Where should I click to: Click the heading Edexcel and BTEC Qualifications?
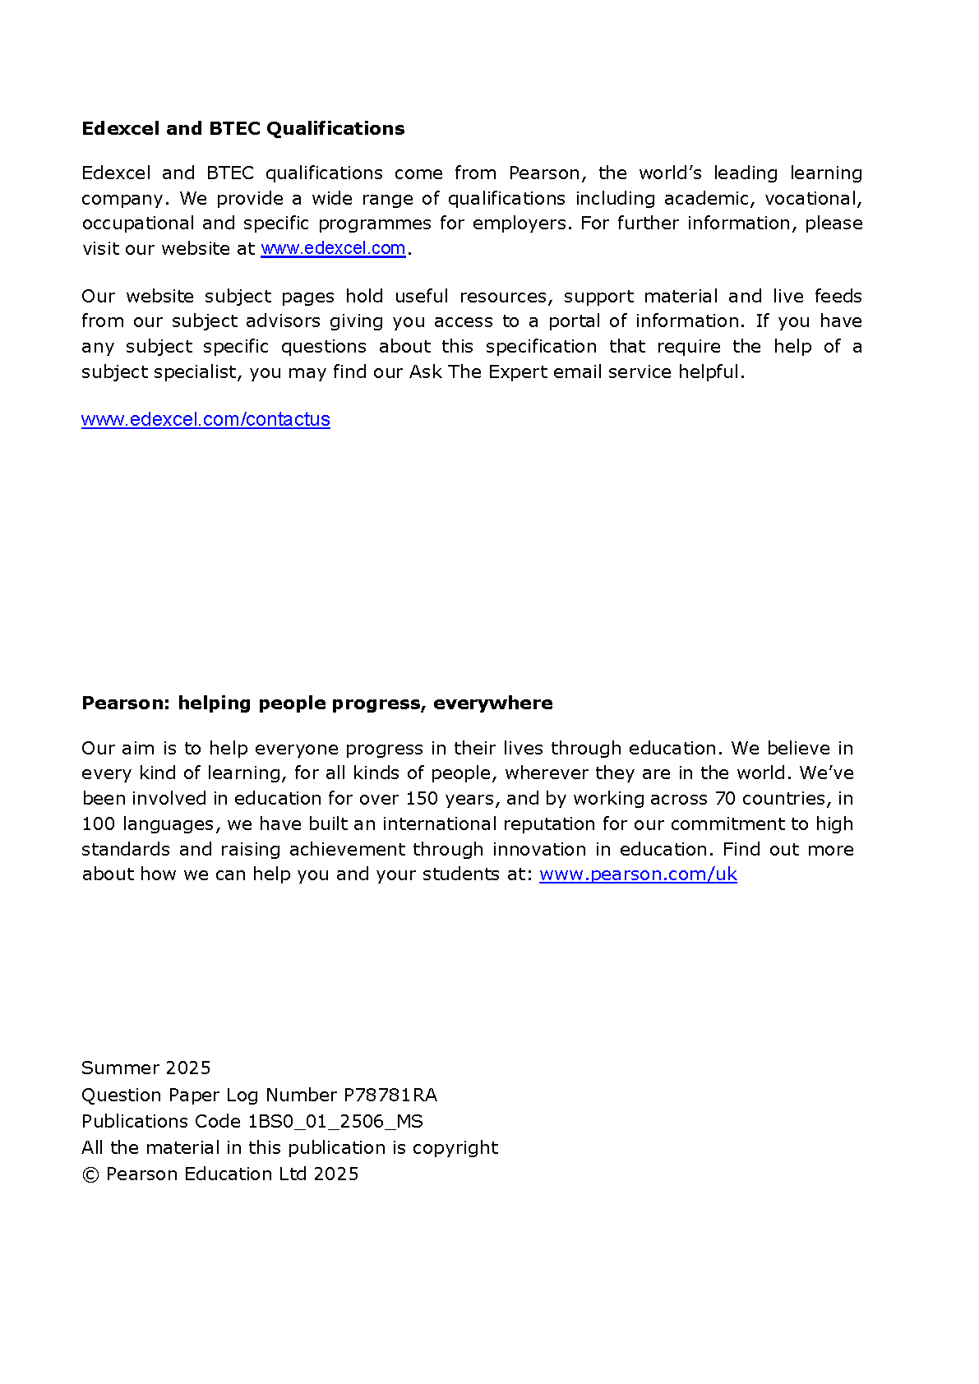[242, 129]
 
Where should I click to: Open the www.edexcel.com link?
[333, 248]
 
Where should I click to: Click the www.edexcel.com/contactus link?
[205, 419]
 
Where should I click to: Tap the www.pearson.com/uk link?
[638, 874]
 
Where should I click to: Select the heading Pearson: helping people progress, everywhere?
[316, 704]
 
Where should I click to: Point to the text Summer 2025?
[145, 1068]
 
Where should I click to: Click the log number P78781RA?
[390, 1095]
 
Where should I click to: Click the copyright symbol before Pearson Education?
[90, 1174]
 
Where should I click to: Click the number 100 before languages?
[99, 824]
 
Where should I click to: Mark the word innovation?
[539, 850]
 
